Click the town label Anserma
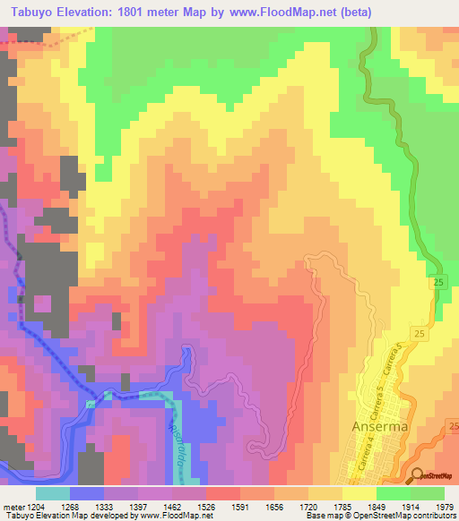pos(380,426)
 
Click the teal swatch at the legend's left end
pos(53,493)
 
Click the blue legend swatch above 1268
pos(87,493)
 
